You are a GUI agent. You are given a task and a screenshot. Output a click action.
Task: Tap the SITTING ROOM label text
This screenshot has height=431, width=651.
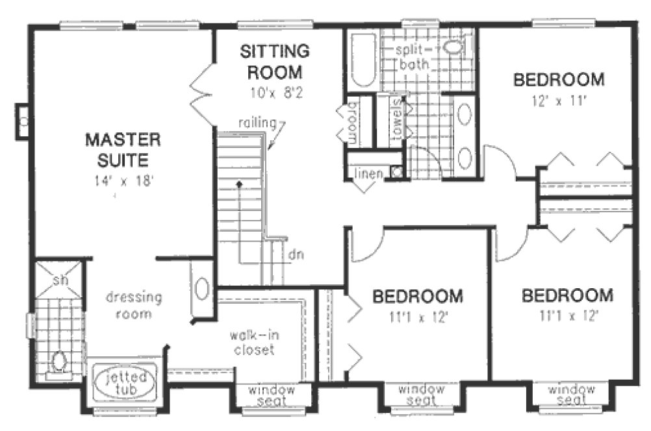coord(273,61)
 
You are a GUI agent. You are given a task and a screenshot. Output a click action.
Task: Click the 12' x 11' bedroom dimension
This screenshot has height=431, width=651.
coord(559,101)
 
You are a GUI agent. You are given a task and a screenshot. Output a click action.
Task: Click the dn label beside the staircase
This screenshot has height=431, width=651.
coord(294,253)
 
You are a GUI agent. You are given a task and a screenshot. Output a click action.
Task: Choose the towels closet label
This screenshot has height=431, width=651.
coord(396,119)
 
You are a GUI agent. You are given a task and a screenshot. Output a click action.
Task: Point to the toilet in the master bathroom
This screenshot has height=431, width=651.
coord(59,361)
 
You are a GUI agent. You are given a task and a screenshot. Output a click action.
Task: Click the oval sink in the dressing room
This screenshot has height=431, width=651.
coord(203,289)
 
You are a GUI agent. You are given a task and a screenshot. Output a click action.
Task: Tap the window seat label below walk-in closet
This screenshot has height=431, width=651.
coord(272,395)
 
